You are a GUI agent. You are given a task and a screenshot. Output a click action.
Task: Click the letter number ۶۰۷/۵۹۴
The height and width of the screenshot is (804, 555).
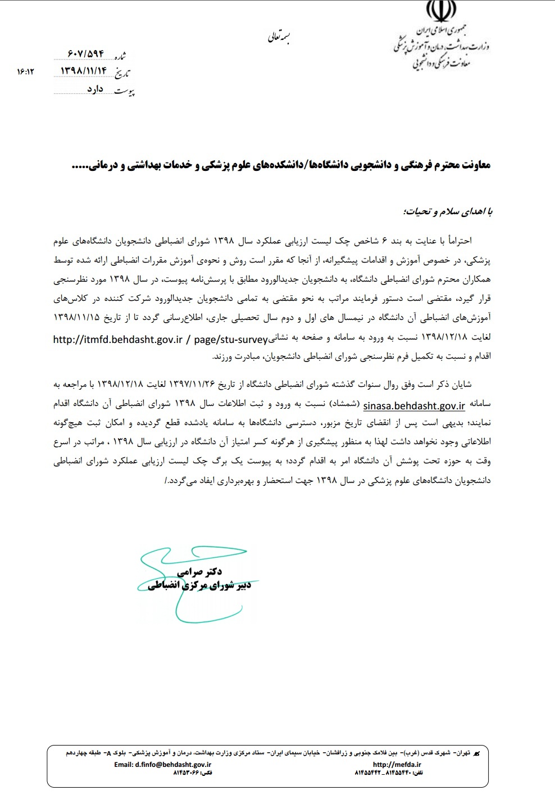coord(85,53)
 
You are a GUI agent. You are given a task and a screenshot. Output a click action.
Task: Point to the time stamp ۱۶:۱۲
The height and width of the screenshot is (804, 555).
coord(25,71)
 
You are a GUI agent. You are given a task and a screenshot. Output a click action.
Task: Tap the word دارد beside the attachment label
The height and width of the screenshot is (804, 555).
coord(95,89)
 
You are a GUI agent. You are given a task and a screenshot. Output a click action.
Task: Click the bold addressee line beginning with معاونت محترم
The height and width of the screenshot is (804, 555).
coord(281,165)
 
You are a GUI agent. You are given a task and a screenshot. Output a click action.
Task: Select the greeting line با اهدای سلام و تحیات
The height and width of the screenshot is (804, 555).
coord(447,211)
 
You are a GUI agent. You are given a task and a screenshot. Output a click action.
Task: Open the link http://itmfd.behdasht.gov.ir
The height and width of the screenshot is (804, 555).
coord(118,339)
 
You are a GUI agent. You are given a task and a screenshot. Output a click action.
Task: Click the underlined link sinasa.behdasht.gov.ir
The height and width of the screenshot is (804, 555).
coord(414,405)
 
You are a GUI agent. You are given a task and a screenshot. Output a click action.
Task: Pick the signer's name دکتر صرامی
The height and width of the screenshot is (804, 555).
coord(199,571)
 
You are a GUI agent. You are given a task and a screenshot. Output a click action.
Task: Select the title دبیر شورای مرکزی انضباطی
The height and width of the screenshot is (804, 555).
coord(199,585)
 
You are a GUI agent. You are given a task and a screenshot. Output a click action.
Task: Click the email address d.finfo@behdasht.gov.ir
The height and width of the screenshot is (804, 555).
coord(162,764)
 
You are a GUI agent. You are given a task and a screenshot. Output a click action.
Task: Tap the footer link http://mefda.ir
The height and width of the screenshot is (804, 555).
coord(397,764)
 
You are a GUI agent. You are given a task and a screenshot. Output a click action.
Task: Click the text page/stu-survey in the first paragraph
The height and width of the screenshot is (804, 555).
coord(230,339)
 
